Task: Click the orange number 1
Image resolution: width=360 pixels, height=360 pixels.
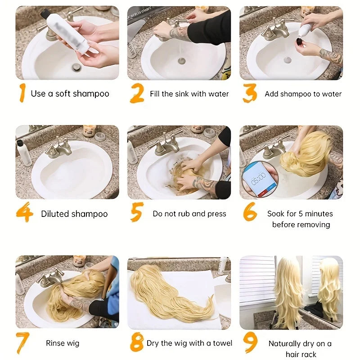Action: [x=21, y=93]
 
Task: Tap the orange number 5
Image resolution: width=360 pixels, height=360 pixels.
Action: [x=137, y=212]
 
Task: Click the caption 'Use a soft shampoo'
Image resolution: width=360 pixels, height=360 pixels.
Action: [x=70, y=94]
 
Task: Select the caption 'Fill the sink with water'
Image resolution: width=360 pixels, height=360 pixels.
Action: [x=189, y=94]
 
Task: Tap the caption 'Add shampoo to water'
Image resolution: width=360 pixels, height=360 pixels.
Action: [x=303, y=94]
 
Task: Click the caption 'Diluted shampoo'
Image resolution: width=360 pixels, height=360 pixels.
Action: [x=74, y=214]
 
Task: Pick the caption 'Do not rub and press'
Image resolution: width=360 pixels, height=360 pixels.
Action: [x=189, y=214]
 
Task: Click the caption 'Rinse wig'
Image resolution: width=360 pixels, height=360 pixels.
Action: [x=63, y=343]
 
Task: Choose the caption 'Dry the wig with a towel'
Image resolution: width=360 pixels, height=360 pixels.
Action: [x=189, y=343]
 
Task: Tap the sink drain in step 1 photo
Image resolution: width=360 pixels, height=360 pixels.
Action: [x=77, y=67]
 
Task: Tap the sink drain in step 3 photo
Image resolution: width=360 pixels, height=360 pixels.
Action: [x=288, y=60]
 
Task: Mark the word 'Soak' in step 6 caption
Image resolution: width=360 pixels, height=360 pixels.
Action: [x=276, y=214]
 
